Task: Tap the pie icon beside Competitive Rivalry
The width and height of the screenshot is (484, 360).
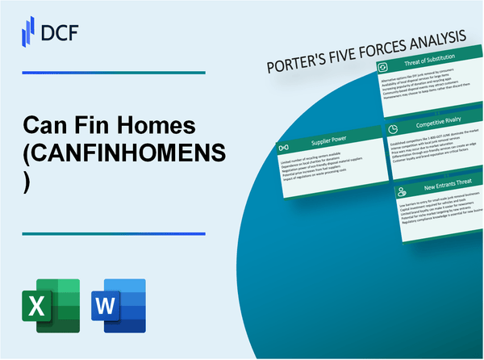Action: pos(391,128)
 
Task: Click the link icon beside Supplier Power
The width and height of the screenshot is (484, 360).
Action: pos(285,149)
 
